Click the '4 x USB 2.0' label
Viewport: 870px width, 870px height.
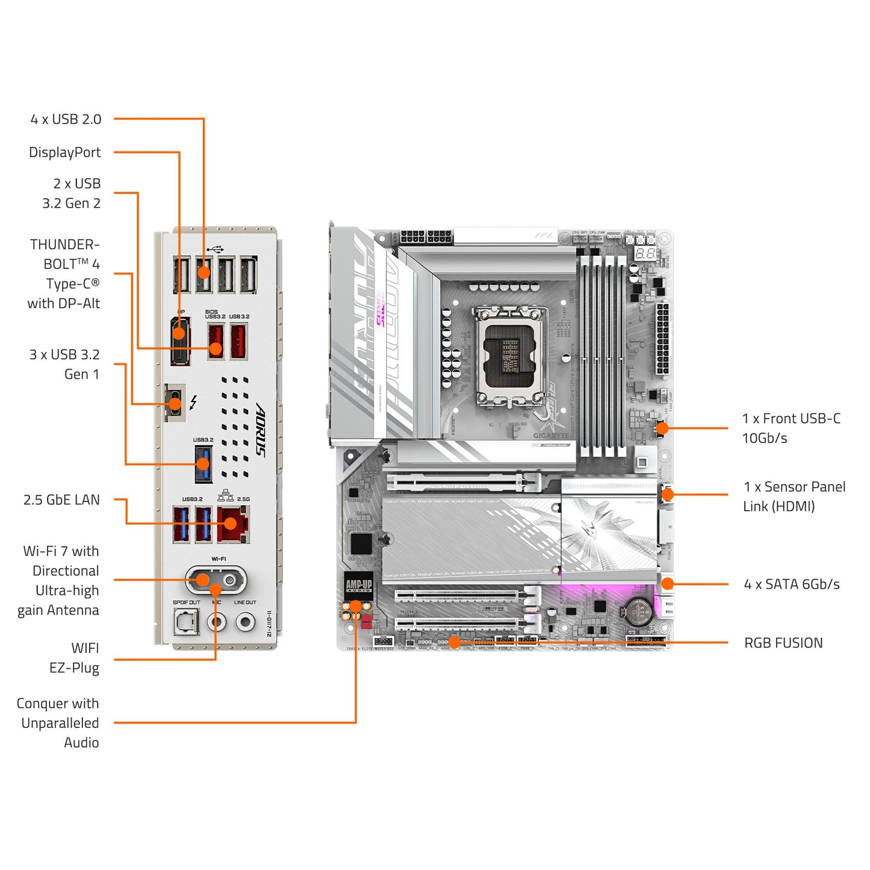pyautogui.click(x=66, y=119)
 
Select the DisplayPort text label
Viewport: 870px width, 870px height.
pyautogui.click(x=64, y=152)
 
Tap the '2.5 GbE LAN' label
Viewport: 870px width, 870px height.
pyautogui.click(x=61, y=500)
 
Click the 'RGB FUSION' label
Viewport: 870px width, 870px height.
pyautogui.click(x=783, y=643)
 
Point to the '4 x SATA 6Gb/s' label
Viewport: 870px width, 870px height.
pyautogui.click(x=791, y=584)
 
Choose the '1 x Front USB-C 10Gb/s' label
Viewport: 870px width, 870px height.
pyautogui.click(x=791, y=428)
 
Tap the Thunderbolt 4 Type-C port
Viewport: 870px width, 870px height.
pyautogui.click(x=175, y=402)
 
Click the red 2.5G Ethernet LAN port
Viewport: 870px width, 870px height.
pyautogui.click(x=233, y=524)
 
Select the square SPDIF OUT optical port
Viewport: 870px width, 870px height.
pyautogui.click(x=186, y=621)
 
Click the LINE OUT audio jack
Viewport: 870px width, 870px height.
pyautogui.click(x=245, y=621)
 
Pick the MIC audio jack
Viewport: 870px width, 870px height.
pyautogui.click(x=217, y=621)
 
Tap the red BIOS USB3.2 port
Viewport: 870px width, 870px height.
pyautogui.click(x=216, y=341)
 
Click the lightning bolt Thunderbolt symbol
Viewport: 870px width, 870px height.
pyautogui.click(x=193, y=402)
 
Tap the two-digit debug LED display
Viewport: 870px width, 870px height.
pyautogui.click(x=645, y=253)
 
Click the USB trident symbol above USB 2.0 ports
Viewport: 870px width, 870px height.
pyautogui.click(x=214, y=249)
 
